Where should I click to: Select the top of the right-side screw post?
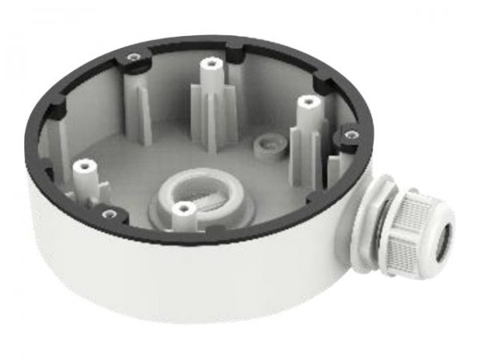click(305, 102)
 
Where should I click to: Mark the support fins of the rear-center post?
click(210, 112)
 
